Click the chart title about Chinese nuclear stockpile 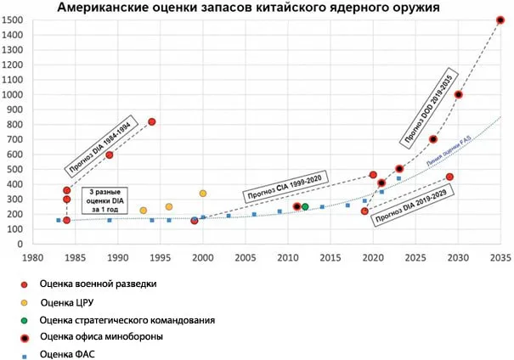click(x=248, y=8)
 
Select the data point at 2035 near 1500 click(x=500, y=20)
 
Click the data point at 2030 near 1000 click(x=459, y=94)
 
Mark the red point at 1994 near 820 click(x=152, y=121)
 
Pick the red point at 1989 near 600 click(x=110, y=155)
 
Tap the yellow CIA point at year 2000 click(x=203, y=194)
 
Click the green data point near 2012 click(x=305, y=206)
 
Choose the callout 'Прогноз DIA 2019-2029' click(x=411, y=204)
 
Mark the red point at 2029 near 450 click(x=449, y=177)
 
